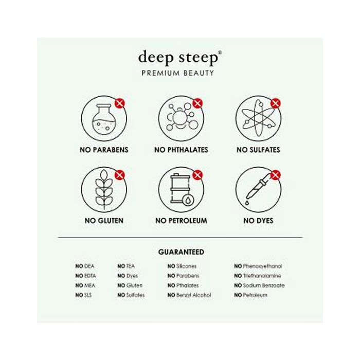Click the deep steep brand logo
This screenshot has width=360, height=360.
[x=180, y=58]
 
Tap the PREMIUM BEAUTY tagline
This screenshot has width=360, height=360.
[x=178, y=73]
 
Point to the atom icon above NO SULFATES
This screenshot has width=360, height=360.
[x=259, y=118]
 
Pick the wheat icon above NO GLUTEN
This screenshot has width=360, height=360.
[x=104, y=189]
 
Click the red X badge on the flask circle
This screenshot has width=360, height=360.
[x=120, y=103]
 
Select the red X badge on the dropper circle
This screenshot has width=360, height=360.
[x=276, y=175]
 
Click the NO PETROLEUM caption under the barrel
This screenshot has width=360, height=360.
[x=181, y=221]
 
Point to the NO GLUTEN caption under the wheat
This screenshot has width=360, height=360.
[x=104, y=221]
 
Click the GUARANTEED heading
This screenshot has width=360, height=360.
[x=181, y=252]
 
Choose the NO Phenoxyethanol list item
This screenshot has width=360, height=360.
[x=258, y=266]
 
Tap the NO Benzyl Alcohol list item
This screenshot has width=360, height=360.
[x=189, y=295]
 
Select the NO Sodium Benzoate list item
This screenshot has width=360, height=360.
[x=259, y=285]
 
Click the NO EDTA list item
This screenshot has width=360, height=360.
[x=85, y=276]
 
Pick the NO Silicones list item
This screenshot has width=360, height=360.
[x=182, y=266]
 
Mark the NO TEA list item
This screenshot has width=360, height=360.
[x=126, y=266]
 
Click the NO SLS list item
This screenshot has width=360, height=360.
[x=83, y=295]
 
